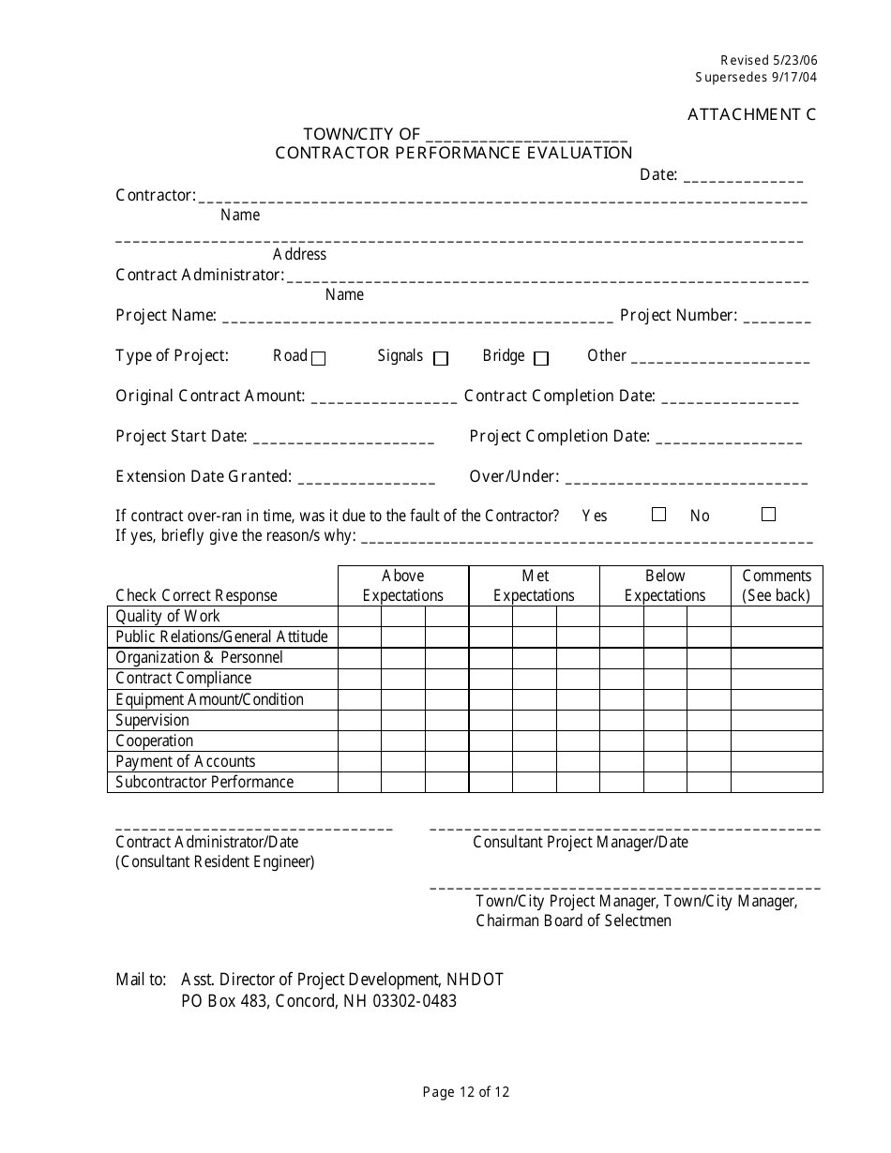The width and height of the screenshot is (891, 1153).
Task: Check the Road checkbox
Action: point(319,358)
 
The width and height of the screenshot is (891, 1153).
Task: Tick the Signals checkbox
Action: point(441,358)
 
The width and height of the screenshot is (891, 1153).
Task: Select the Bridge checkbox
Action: point(540,358)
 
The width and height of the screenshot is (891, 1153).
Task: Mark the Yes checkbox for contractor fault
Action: point(658,515)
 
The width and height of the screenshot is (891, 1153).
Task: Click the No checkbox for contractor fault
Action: point(768,515)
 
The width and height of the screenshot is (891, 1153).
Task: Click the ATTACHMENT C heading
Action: point(751,114)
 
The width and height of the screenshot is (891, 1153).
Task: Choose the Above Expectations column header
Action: point(402,586)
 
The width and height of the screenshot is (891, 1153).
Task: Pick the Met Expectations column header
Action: point(534,586)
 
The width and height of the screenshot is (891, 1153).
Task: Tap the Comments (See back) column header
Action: point(776,586)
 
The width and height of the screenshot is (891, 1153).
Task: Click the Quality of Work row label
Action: point(168,616)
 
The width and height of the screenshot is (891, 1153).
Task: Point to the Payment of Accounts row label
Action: point(185,761)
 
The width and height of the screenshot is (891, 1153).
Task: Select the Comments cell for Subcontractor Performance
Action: point(777,782)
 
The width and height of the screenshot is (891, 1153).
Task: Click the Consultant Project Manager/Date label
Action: point(580,842)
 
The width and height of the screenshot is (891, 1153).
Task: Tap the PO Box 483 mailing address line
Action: point(319,1000)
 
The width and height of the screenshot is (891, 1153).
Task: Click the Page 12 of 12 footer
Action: point(466,1091)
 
